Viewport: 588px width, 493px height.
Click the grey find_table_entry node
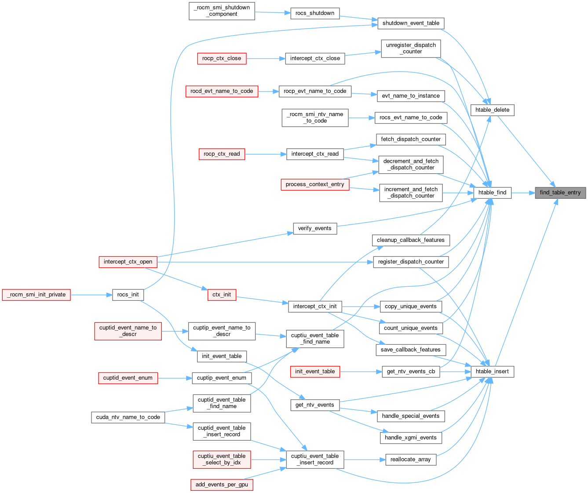click(x=560, y=193)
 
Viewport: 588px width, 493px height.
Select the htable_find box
click(x=492, y=193)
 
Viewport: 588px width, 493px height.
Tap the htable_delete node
click(x=492, y=110)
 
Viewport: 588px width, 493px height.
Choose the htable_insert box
click(x=492, y=372)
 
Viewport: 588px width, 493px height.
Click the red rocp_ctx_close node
click(x=222, y=58)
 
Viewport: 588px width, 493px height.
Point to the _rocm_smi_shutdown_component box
click(x=222, y=11)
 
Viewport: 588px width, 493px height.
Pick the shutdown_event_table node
click(x=411, y=23)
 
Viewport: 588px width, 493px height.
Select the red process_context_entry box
click(x=315, y=184)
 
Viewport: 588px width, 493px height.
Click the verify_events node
click(x=314, y=229)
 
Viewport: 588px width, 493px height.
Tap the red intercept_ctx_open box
click(x=128, y=262)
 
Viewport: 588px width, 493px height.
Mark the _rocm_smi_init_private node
click(x=37, y=295)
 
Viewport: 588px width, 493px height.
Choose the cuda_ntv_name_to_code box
click(x=128, y=417)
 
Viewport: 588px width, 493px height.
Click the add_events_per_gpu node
click(x=222, y=485)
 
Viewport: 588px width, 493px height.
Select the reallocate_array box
click(x=410, y=460)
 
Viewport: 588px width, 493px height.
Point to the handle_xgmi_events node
click(x=410, y=438)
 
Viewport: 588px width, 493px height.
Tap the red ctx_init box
click(x=222, y=295)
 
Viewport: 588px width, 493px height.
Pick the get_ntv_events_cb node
click(x=410, y=372)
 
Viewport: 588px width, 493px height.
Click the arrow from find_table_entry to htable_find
click(x=523, y=193)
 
